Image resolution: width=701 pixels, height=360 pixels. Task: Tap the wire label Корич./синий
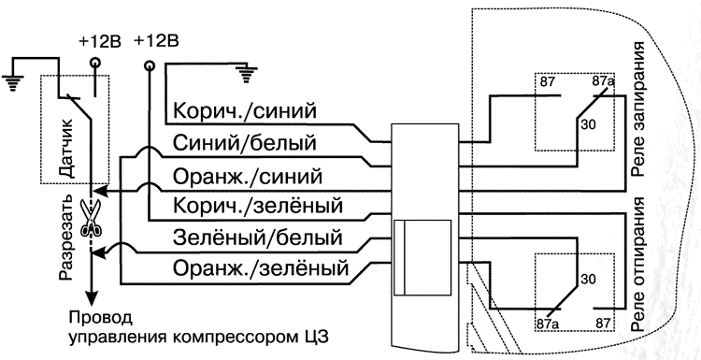[242, 111]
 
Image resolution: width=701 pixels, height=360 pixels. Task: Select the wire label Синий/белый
[243, 143]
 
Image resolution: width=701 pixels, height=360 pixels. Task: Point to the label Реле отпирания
[641, 257]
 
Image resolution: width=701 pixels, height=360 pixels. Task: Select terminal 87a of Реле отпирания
[546, 324]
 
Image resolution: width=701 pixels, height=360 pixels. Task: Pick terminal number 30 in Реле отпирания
[587, 278]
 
